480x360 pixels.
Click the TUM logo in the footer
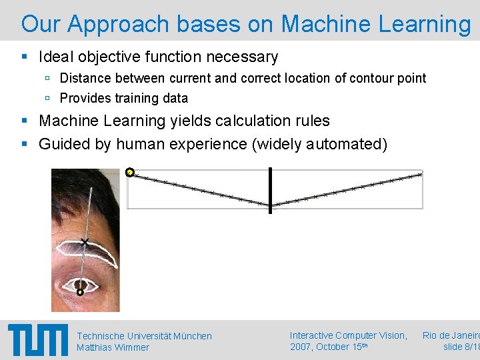tap(38, 341)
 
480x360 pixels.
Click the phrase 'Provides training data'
tap(124, 98)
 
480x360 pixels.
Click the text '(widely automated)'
tap(319, 143)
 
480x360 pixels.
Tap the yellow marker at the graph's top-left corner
tap(130, 173)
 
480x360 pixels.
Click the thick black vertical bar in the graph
tap(270, 191)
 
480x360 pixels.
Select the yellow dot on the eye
tap(80, 291)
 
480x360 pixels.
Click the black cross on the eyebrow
tap(85, 241)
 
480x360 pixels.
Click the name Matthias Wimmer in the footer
tap(113, 347)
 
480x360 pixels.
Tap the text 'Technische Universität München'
tap(144, 336)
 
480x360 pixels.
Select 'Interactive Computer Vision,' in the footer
tap(348, 335)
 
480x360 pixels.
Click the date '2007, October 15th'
tap(328, 347)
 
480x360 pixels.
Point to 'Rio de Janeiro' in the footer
tap(451, 335)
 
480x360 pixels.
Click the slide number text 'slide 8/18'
tap(461, 347)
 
